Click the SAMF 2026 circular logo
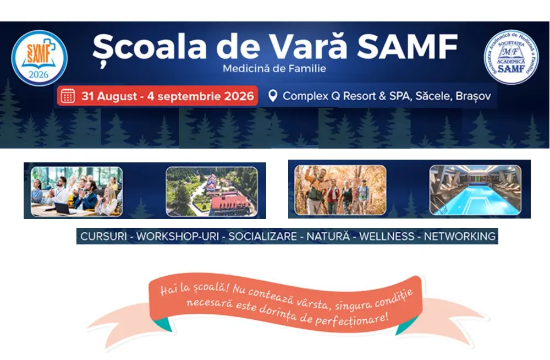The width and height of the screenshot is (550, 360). [39, 58]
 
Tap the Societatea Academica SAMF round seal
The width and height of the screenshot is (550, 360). [511, 57]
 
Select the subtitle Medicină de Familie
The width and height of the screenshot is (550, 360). [274, 68]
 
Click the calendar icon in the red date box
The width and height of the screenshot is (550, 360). [68, 96]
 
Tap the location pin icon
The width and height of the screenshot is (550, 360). [273, 96]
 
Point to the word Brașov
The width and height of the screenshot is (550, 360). [473, 96]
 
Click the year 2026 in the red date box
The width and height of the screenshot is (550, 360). [239, 96]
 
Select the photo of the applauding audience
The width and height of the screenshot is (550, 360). [77, 192]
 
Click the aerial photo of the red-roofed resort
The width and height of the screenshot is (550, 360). [212, 192]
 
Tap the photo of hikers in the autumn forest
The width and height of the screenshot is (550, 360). [340, 190]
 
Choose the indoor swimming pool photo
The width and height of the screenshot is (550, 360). [475, 190]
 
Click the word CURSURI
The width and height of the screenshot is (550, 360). [103, 236]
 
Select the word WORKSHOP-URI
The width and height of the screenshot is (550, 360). [178, 236]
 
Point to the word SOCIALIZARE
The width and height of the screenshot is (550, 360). [263, 236]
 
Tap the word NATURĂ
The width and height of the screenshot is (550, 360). [328, 236]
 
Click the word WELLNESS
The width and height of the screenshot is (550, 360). [387, 236]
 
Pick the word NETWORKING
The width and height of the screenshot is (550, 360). [459, 236]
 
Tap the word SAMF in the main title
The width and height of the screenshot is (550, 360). [407, 46]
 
